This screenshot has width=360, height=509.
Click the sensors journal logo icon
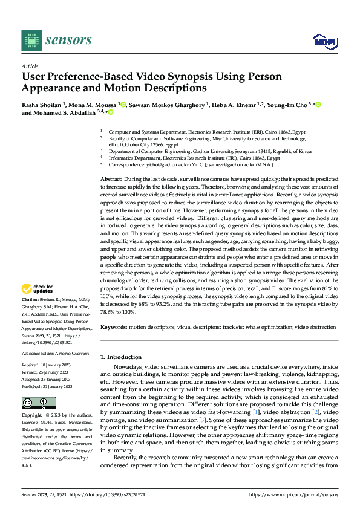tap(31, 40)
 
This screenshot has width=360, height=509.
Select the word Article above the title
tap(29, 66)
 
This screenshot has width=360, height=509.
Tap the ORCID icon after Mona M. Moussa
tap(123, 105)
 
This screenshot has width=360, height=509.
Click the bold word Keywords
tap(114, 327)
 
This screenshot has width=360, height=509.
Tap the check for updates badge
tap(38, 289)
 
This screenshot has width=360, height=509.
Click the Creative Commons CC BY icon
tap(39, 403)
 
